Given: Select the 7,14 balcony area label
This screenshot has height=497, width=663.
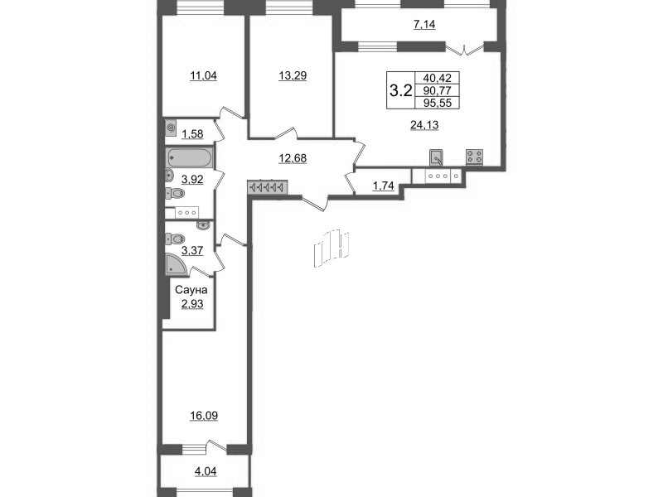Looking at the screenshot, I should click(x=424, y=25).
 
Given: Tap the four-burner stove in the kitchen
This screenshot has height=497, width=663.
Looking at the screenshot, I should click(x=475, y=157).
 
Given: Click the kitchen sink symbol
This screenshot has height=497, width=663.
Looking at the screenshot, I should click(x=437, y=157).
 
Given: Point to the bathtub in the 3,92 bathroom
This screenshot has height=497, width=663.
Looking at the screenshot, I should click(x=190, y=157).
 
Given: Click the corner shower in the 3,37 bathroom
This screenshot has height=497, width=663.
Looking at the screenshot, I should click(x=177, y=264).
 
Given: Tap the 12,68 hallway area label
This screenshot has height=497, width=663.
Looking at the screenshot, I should click(x=291, y=158).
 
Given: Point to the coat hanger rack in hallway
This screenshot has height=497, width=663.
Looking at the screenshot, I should click(x=266, y=187).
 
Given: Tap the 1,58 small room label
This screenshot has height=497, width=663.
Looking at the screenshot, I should click(x=191, y=133).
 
